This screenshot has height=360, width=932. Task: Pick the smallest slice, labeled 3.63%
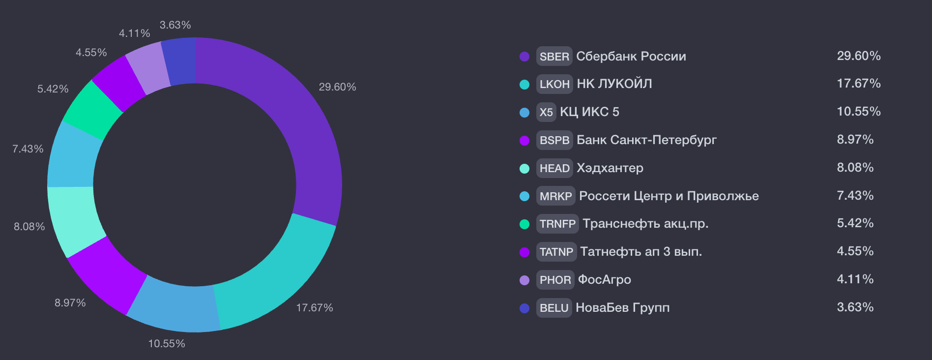click(179, 62)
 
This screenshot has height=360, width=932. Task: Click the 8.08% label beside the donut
click(29, 227)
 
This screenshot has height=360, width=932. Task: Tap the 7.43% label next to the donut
click(28, 149)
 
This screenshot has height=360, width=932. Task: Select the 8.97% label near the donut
click(70, 303)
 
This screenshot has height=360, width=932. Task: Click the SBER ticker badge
click(554, 57)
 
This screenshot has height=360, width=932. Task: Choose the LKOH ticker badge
click(554, 84)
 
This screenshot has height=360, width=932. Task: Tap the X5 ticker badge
click(546, 112)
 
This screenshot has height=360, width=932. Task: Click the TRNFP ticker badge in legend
click(557, 224)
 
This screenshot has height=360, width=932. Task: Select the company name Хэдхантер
click(610, 168)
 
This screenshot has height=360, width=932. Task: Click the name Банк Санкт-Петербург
click(647, 140)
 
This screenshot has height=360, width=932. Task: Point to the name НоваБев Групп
click(623, 308)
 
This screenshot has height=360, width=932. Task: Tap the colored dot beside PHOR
click(524, 280)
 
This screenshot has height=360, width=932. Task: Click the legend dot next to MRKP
click(524, 196)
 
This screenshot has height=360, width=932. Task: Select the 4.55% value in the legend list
click(855, 251)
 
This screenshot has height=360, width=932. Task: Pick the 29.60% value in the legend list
click(859, 56)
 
